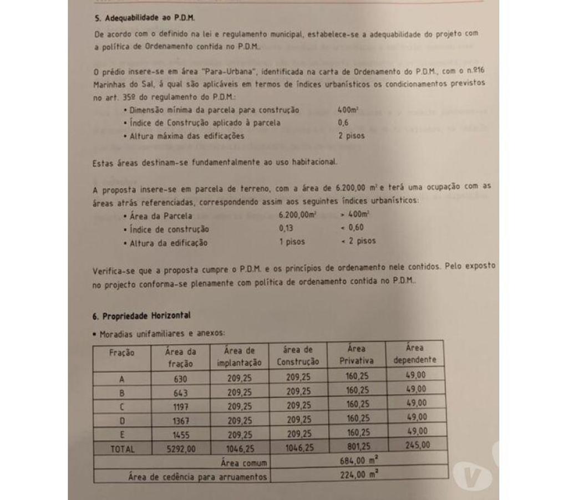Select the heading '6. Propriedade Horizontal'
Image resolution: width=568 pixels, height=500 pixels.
click(x=141, y=315)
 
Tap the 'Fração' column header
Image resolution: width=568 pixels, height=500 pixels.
click(x=121, y=353)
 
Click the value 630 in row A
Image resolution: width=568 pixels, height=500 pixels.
click(x=180, y=379)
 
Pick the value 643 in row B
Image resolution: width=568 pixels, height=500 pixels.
click(x=181, y=392)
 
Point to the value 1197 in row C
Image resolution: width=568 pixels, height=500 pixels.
click(x=181, y=406)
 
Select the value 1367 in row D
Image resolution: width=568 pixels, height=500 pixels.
click(x=181, y=421)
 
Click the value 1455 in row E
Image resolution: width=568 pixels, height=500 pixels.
click(x=181, y=435)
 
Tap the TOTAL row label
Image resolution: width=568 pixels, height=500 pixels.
click(x=122, y=449)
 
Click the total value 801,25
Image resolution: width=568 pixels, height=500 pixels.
click(x=357, y=446)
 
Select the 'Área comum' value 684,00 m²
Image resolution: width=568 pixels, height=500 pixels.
click(x=358, y=460)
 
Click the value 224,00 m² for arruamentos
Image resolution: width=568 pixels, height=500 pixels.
click(x=358, y=474)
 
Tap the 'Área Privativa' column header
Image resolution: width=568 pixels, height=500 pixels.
click(x=357, y=355)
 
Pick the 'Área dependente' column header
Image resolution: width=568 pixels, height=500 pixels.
click(x=415, y=354)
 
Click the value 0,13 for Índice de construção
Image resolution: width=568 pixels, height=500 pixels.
click(x=287, y=228)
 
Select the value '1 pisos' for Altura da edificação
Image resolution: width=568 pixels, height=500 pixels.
click(x=292, y=242)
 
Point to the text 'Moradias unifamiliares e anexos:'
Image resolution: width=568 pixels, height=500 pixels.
click(x=162, y=334)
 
